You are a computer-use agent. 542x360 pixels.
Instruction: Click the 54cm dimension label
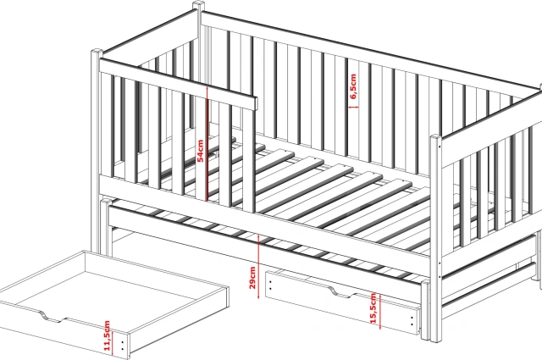click(x=200, y=151)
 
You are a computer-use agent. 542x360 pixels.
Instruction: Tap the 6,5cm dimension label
click(x=353, y=86)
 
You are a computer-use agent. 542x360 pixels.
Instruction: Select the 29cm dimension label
click(x=252, y=277)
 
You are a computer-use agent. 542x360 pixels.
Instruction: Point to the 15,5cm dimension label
click(x=373, y=308)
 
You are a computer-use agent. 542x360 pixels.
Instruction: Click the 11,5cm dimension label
click(x=107, y=335)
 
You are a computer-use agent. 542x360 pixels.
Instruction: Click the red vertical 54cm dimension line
click(x=207, y=143)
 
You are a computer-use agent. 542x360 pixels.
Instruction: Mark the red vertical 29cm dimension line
click(x=258, y=266)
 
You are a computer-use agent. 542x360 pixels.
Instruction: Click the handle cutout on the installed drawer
click(x=340, y=292)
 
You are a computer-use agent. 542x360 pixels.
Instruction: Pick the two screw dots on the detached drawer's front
click(x=123, y=346)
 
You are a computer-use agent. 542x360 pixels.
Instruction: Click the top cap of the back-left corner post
click(x=198, y=4)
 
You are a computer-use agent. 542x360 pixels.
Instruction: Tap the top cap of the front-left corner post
click(x=97, y=52)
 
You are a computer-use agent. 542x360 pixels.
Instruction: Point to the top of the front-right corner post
click(x=436, y=137)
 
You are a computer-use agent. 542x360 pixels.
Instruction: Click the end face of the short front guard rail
click(x=256, y=103)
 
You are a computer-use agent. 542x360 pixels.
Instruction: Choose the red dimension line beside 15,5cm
click(x=380, y=311)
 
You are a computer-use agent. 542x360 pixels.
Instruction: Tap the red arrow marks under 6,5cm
click(x=353, y=108)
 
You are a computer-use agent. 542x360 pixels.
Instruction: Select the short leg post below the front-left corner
click(x=106, y=226)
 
